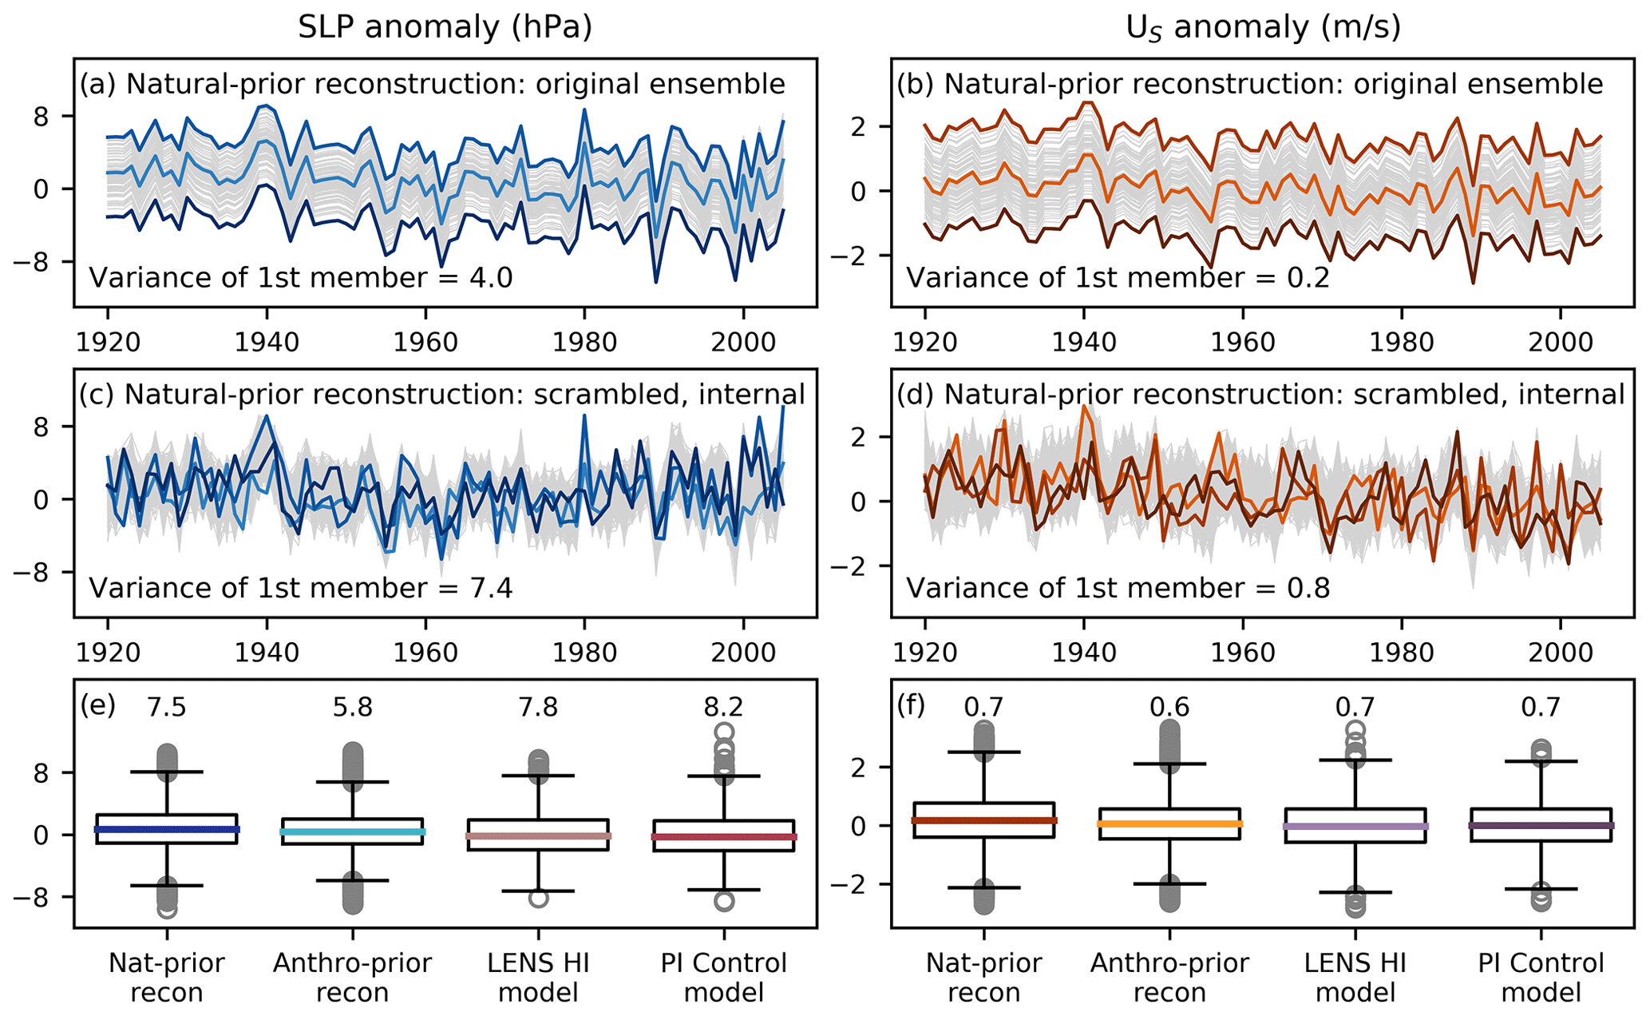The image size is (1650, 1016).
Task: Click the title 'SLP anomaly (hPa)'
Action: [445, 27]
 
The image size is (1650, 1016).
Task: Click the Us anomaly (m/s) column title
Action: [1263, 29]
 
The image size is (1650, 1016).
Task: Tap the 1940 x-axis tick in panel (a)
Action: [267, 342]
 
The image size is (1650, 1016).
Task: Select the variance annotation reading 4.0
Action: [300, 278]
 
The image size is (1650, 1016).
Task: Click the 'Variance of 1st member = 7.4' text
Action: [300, 589]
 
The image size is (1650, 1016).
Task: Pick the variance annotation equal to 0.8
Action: [1118, 589]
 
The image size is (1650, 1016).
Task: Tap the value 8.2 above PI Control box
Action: [724, 707]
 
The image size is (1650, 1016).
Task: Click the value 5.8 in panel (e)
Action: [353, 707]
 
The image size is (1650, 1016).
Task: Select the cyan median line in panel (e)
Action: [353, 831]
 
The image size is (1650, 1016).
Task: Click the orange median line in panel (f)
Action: [1170, 824]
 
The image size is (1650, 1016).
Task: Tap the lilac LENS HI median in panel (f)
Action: [1355, 826]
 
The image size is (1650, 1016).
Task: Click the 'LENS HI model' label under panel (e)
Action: [539, 978]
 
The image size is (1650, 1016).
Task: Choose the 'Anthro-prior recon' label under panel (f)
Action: [1169, 978]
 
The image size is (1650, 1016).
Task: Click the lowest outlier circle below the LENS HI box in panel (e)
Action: [539, 898]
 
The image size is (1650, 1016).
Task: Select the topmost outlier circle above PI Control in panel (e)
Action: [724, 732]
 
